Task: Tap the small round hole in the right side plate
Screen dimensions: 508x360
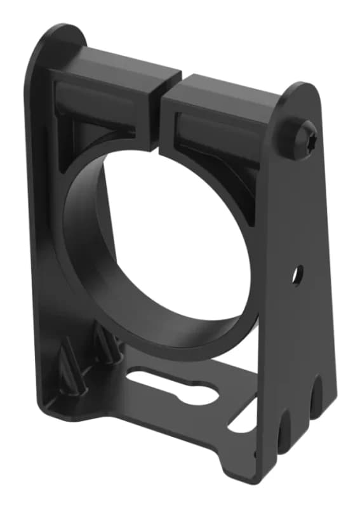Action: (x=297, y=274)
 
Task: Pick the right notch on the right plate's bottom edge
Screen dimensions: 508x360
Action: (x=313, y=406)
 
